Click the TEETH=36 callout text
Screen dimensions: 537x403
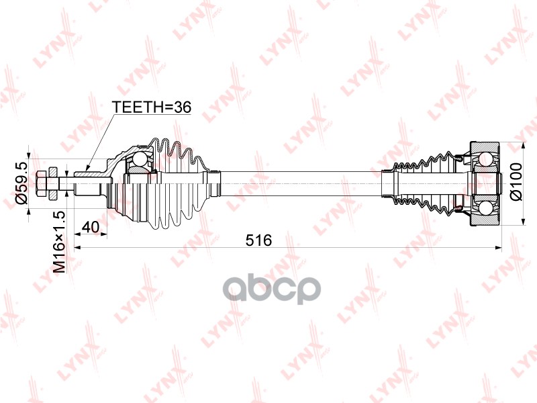(x=152, y=107)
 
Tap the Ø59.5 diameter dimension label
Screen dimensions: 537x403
(x=22, y=183)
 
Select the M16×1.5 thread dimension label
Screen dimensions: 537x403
(x=59, y=242)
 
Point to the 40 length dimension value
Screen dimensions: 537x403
(x=91, y=226)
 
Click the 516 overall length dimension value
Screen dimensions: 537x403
(x=258, y=240)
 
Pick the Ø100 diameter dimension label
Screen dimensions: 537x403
(x=516, y=181)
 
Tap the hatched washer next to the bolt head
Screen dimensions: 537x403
(x=54, y=183)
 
